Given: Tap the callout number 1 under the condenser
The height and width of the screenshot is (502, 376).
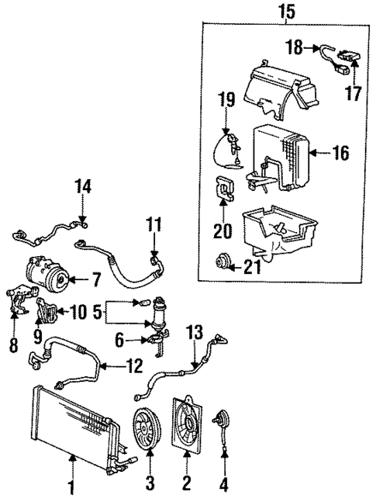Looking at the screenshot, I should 71,490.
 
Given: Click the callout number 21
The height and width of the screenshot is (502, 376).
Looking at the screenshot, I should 250,268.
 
